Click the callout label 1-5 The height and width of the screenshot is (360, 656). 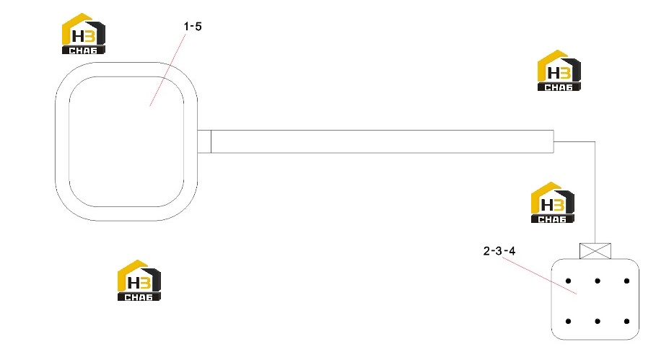(193, 27)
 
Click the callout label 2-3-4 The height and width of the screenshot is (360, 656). (499, 251)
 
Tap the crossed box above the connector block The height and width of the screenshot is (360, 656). (595, 251)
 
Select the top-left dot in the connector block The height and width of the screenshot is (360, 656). (568, 281)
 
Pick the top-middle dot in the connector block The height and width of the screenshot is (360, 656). (598, 281)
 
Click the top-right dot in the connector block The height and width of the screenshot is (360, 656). (626, 281)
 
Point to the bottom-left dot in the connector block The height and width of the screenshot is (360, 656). (568, 321)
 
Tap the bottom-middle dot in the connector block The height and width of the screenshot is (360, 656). (598, 321)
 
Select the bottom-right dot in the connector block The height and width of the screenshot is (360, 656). (626, 321)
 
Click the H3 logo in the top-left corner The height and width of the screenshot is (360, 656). (83, 34)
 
